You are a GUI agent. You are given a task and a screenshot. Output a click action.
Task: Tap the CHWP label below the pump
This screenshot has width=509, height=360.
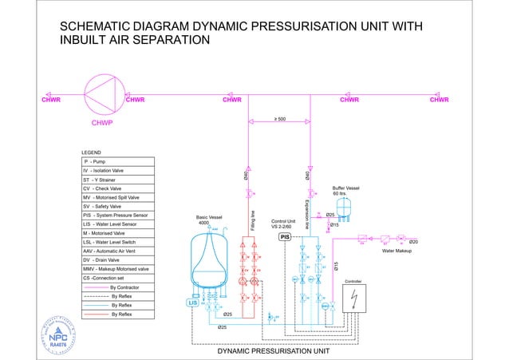pyautogui.click(x=101, y=123)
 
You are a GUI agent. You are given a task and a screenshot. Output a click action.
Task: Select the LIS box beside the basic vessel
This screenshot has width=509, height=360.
pyautogui.click(x=192, y=303)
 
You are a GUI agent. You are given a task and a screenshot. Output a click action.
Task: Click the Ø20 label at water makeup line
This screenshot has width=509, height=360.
pyautogui.click(x=413, y=241)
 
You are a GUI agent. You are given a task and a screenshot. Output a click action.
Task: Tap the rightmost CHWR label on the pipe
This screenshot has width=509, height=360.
pyautogui.click(x=440, y=100)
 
